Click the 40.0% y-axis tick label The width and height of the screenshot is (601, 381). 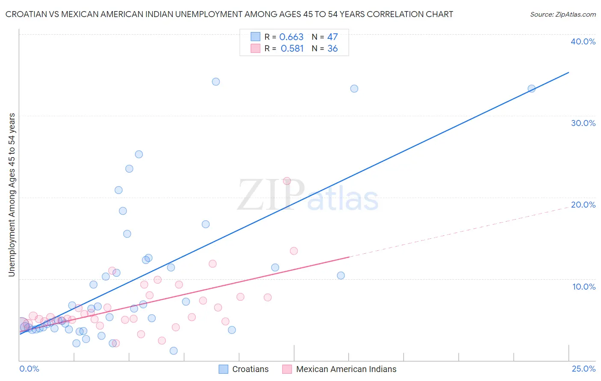click(x=583, y=41)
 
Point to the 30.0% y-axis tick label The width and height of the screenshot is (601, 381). click(x=583, y=123)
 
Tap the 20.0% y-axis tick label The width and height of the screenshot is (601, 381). click(x=583, y=205)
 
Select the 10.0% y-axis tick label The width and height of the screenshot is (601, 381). click(x=583, y=287)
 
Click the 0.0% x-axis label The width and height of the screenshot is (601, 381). click(x=29, y=369)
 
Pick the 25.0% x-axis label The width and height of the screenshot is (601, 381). click(x=583, y=369)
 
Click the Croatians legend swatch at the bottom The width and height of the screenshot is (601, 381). click(x=223, y=369)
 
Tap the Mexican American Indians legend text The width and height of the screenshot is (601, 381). click(x=346, y=369)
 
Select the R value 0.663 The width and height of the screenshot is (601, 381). click(x=291, y=37)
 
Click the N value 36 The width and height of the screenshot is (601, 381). click(x=333, y=49)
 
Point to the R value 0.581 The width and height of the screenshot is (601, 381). click(x=292, y=49)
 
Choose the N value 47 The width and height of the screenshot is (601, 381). click(x=333, y=37)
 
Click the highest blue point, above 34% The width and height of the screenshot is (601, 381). click(x=216, y=82)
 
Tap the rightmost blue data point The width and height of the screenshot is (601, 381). click(x=531, y=89)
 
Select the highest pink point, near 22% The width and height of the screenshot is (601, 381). click(x=287, y=181)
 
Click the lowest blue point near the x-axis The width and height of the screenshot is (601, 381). click(x=174, y=351)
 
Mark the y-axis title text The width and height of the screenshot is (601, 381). click(x=12, y=195)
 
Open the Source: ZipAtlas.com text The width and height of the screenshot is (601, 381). click(x=563, y=15)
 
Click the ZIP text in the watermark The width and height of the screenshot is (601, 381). click(x=271, y=195)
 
